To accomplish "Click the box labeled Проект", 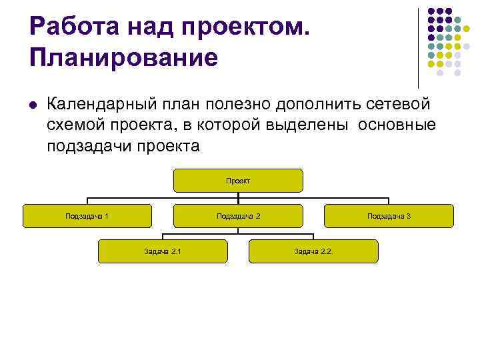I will pos(238,181).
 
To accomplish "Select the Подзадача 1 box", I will pos(87,216).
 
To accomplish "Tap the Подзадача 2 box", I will pos(238,216).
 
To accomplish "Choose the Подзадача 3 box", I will pos(389,216).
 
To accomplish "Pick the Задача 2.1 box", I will pos(163,251).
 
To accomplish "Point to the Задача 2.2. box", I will pos(313,251).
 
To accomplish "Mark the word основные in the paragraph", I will pos(397,125).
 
